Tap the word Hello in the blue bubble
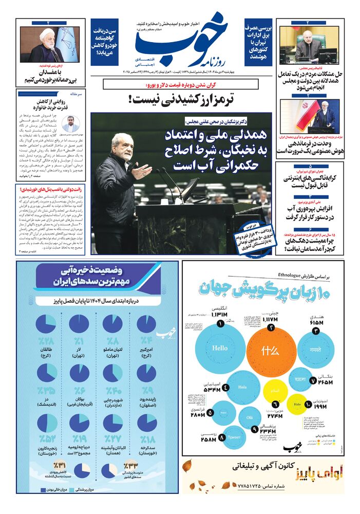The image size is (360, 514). pos(219,348)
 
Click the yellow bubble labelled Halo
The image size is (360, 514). pos(297,405)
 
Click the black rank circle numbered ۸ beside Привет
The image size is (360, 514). pos(221,438)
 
